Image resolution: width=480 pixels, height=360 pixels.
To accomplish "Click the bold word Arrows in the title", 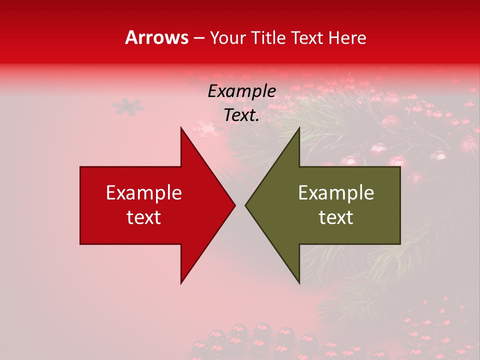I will [157, 38].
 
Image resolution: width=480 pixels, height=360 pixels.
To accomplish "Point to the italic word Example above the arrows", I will [242, 91].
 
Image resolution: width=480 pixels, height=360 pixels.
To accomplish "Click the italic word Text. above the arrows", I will [242, 115].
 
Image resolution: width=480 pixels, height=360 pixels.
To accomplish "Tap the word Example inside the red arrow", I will [144, 193].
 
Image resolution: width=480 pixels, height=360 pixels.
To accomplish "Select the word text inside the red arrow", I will [144, 217].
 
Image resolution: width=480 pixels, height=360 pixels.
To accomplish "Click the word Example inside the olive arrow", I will [336, 193].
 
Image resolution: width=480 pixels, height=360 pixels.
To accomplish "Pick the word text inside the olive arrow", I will [336, 217].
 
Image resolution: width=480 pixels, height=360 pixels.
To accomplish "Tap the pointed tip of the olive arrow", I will [246, 205].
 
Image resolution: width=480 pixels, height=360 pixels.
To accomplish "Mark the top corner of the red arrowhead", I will [181, 128].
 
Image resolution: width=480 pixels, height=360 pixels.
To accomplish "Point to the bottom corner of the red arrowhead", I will [181, 283].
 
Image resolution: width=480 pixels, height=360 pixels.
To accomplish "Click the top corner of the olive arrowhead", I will [299, 128].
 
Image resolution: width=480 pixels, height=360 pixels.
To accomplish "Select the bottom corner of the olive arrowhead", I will [299, 283].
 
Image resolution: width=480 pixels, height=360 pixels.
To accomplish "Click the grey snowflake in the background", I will [128, 106].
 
